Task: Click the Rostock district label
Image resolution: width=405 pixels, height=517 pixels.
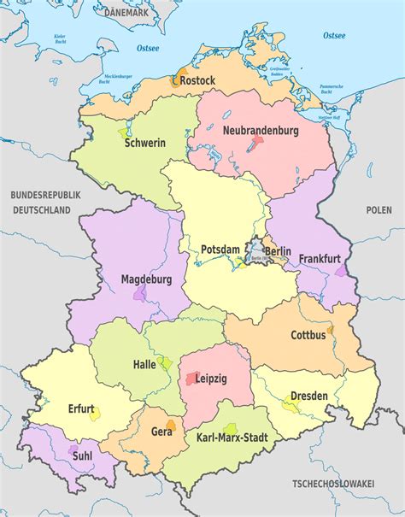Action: tap(198, 80)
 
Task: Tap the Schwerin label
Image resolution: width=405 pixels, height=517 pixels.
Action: tap(144, 143)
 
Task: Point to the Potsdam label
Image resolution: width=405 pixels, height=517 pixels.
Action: tap(220, 249)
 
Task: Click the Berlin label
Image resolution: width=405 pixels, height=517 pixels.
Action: tap(277, 251)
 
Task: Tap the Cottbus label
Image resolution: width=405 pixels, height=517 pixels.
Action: tap(308, 335)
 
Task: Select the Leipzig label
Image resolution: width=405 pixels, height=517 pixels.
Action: tap(210, 379)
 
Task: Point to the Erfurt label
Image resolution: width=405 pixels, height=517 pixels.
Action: tap(82, 408)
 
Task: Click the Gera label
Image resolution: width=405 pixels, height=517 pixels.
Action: tap(161, 432)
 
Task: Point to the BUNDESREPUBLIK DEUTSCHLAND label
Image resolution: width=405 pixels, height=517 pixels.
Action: tap(45, 203)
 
